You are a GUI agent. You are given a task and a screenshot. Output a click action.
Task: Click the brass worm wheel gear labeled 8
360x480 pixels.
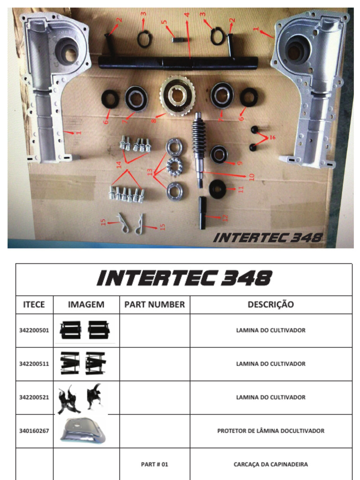pos(177,96)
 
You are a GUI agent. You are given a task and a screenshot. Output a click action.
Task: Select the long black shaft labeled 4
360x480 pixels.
pos(178,63)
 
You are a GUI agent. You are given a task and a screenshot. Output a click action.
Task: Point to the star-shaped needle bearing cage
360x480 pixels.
pos(174,166)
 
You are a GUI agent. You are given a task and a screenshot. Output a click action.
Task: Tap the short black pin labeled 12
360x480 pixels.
pos(203,213)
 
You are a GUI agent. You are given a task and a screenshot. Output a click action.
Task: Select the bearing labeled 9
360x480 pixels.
pos(218,155)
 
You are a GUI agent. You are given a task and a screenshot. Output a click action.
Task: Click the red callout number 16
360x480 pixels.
pos(272,137)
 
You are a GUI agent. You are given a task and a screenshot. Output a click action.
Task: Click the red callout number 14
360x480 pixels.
pos(119,165)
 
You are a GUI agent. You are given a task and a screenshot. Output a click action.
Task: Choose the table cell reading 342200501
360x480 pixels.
pos(34,330)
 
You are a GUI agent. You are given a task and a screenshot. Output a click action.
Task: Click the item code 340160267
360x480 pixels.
pos(34,431)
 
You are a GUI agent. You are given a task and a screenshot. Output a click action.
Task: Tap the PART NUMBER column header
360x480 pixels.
pos(155,305)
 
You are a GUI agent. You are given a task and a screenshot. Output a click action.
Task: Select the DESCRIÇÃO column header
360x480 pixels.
pos(270,304)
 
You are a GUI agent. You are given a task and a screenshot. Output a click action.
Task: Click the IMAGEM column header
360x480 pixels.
pos(86,305)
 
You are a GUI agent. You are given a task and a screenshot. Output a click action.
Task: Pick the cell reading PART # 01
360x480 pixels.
pos(155,465)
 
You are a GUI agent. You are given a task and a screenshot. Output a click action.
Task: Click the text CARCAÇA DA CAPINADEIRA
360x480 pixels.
pos(270,465)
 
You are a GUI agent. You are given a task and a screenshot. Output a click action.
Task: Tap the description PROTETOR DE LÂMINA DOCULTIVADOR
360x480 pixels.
pos(270,431)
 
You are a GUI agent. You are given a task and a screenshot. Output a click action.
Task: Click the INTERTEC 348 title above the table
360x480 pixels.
pos(184,278)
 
